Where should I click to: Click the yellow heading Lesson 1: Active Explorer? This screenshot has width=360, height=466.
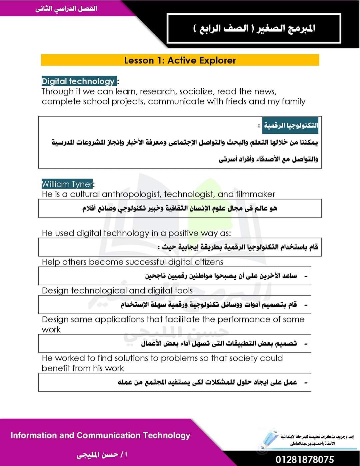click(x=180, y=60)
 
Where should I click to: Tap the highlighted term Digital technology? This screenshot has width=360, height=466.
click(x=78, y=81)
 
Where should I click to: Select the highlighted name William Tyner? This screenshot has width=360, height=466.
click(x=67, y=184)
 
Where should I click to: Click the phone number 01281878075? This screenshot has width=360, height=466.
click(x=305, y=459)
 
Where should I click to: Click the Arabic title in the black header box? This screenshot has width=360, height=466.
click(x=254, y=28)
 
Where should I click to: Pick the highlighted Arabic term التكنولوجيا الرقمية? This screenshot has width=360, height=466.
click(x=290, y=125)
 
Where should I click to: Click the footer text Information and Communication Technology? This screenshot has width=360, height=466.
click(x=100, y=435)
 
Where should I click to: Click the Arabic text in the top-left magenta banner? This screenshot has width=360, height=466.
click(x=66, y=8)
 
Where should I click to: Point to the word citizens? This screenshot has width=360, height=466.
click(x=205, y=262)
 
